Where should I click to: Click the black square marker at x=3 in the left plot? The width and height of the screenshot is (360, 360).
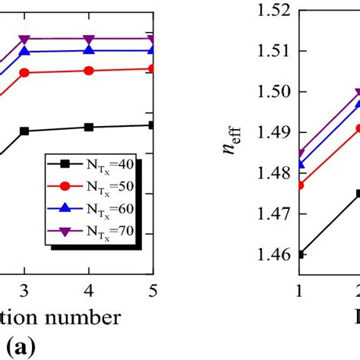pyautogui.click(x=24, y=131)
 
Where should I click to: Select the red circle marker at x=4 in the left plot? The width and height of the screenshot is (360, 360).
pyautogui.click(x=89, y=71)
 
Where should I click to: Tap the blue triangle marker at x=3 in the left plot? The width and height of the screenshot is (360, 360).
pyautogui.click(x=24, y=51)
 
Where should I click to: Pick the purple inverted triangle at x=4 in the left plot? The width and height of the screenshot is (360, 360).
pyautogui.click(x=89, y=39)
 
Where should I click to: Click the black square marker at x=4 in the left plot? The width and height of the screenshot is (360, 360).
pyautogui.click(x=89, y=127)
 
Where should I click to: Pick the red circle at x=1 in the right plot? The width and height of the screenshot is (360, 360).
pyautogui.click(x=301, y=185)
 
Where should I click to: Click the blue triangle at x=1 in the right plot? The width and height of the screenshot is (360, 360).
pyautogui.click(x=301, y=164)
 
